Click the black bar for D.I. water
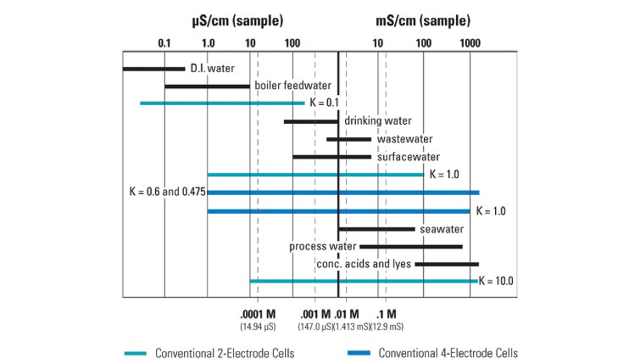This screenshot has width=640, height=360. (x=154, y=68)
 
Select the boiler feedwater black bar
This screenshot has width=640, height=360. (x=207, y=86)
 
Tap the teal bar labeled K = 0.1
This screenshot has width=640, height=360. (x=222, y=103)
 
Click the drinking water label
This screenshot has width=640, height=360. (x=377, y=121)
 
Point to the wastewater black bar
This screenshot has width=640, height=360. (x=348, y=139)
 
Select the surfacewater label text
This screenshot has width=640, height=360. (x=408, y=157)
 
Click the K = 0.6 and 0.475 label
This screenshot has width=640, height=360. (x=167, y=192)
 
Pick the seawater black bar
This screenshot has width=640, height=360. (x=376, y=229)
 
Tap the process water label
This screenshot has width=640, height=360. (x=323, y=246)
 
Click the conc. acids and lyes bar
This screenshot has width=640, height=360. (x=446, y=264)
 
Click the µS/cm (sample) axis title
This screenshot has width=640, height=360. (x=237, y=22)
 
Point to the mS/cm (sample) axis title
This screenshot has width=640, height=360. (x=423, y=22)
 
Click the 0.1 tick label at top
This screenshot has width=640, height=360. (x=165, y=43)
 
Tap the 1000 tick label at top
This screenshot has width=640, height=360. (x=469, y=43)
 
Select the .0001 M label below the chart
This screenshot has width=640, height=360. (x=258, y=315)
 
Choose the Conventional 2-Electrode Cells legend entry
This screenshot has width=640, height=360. (x=224, y=353)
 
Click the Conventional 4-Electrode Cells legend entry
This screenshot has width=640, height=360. (x=447, y=353)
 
